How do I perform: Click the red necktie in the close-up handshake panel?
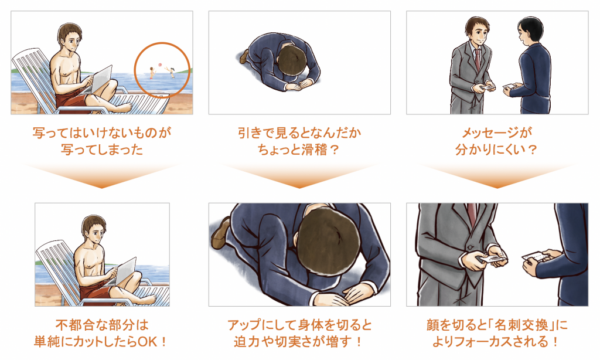click(x=472, y=215)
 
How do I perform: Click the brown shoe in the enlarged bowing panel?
click(x=221, y=232)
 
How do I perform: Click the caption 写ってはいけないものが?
click(x=102, y=133)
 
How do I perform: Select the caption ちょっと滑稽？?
click(x=299, y=150)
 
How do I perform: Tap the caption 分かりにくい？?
click(x=497, y=150)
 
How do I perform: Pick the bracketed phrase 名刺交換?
click(x=523, y=325)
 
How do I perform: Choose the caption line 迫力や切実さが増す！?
click(x=299, y=342)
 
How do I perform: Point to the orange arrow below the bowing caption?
click(x=299, y=175)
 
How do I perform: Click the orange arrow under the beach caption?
click(x=101, y=175)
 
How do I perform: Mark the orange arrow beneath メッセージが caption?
click(x=497, y=175)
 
